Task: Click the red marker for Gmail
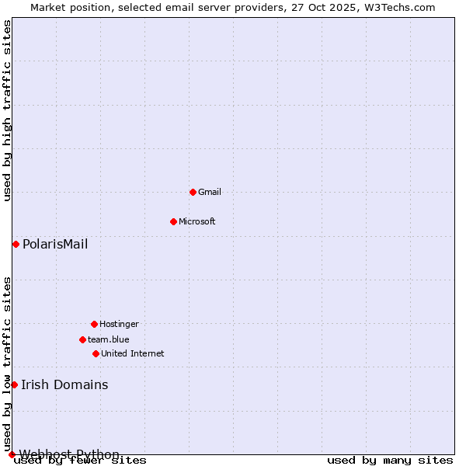(193, 192)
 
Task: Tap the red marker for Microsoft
(173, 221)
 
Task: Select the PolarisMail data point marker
(16, 244)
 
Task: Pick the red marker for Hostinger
(94, 324)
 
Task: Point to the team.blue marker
(82, 339)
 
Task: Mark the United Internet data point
(96, 353)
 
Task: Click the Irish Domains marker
(14, 384)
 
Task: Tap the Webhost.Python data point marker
(12, 454)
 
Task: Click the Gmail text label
(210, 192)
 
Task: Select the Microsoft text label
(197, 221)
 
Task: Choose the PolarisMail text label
(55, 245)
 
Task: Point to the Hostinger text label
(119, 324)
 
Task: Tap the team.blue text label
(109, 339)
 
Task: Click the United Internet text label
(133, 353)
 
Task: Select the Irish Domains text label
(64, 385)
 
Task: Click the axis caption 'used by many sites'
(390, 461)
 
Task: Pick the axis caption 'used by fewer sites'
(81, 461)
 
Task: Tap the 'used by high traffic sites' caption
(8, 110)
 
